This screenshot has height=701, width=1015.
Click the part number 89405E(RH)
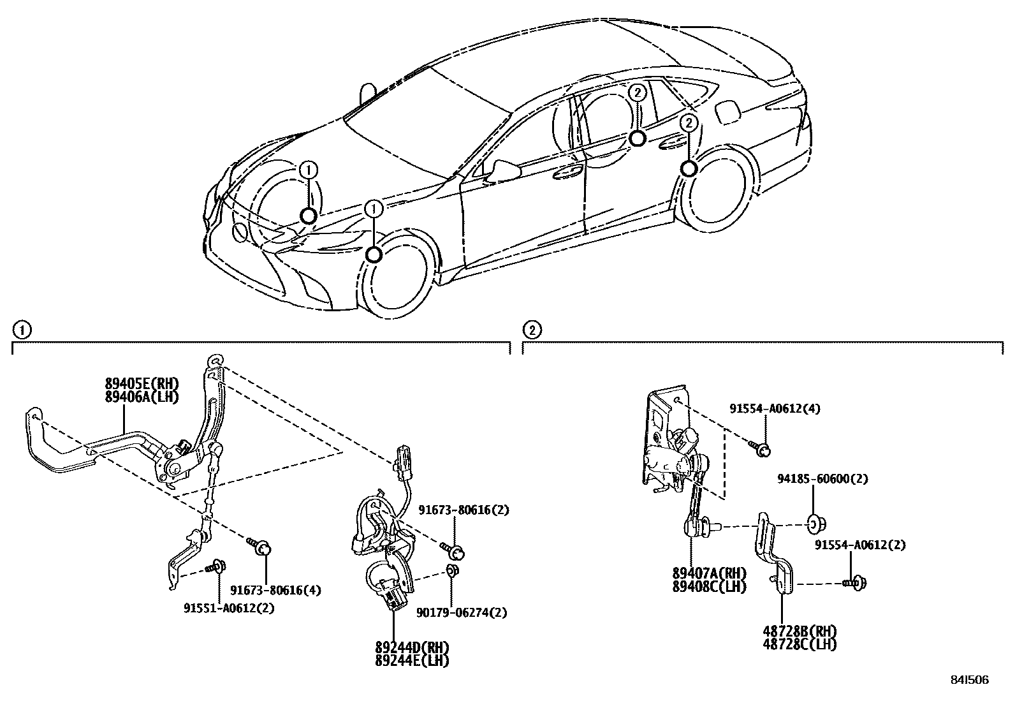coord(142,383)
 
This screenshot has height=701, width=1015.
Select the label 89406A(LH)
coord(142,397)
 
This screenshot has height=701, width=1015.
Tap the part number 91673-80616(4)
coord(275,590)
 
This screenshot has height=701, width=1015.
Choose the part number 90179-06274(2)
coord(462,613)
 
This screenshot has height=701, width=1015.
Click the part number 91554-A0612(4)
coord(775,409)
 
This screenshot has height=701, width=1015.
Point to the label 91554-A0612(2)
coord(859,545)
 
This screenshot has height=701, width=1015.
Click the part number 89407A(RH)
coord(708,573)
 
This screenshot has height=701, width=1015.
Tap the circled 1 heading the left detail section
coord(22,330)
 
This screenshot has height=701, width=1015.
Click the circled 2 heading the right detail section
coord(532,330)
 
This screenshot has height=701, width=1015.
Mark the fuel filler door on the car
coord(727,112)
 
